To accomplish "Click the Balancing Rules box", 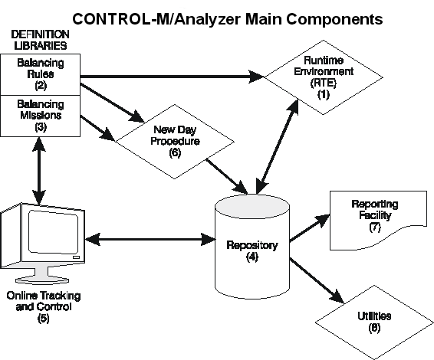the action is [40, 74].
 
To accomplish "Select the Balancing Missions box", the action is [40, 116].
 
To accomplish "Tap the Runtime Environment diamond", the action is [324, 77].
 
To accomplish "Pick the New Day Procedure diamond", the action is [174, 142].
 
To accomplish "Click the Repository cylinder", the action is [252, 247].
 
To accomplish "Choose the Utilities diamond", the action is [374, 322].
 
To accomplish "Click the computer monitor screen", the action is [53, 232].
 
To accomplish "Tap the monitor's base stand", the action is [42, 277].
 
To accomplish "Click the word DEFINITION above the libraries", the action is [40, 34].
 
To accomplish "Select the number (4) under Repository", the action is [252, 257].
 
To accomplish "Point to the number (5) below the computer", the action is [44, 318].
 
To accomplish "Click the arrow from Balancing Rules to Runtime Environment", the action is [172, 77].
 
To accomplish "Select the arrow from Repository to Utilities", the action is [317, 280].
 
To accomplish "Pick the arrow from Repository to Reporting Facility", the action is [310, 227].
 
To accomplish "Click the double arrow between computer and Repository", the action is [150, 239].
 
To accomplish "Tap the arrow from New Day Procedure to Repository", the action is [227, 176].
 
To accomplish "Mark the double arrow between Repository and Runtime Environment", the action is [278, 147].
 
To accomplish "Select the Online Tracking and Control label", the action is [44, 301].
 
